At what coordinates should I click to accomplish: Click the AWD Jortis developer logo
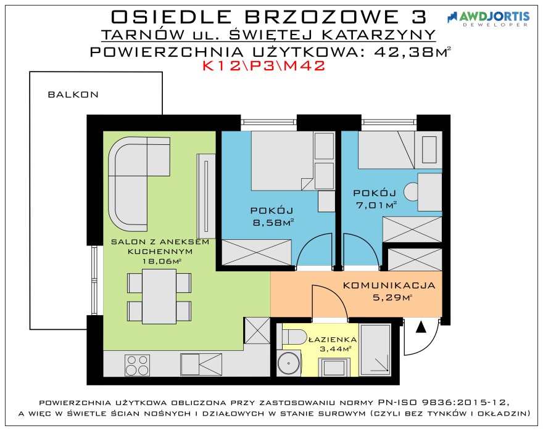click(x=488, y=18)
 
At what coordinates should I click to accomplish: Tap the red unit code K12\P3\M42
click(x=264, y=66)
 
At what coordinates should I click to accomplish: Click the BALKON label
click(x=73, y=94)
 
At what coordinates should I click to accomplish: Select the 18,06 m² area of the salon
click(x=162, y=261)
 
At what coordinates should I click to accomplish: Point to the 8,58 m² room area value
click(x=273, y=222)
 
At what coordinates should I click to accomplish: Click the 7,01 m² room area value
click(x=376, y=205)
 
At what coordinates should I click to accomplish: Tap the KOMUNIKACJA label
click(x=389, y=285)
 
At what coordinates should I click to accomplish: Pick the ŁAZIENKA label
click(x=333, y=340)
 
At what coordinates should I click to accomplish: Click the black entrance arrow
click(x=421, y=327)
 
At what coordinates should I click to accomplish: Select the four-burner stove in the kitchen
click(x=138, y=365)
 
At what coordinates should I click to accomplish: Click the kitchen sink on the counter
click(x=201, y=364)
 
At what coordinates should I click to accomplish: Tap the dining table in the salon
click(x=159, y=297)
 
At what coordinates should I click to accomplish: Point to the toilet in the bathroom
click(x=294, y=337)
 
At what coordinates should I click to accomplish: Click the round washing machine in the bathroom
click(x=289, y=364)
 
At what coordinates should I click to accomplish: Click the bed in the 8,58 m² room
click(x=283, y=161)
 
